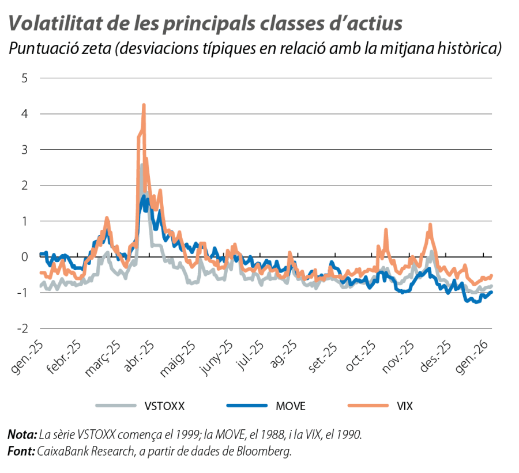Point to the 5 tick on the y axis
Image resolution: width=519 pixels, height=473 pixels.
24,78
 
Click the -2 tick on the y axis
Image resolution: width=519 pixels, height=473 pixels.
23,328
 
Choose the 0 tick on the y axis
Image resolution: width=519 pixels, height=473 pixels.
24,257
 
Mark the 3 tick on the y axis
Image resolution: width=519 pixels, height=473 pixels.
24,150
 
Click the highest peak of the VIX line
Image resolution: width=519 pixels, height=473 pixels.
144,104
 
